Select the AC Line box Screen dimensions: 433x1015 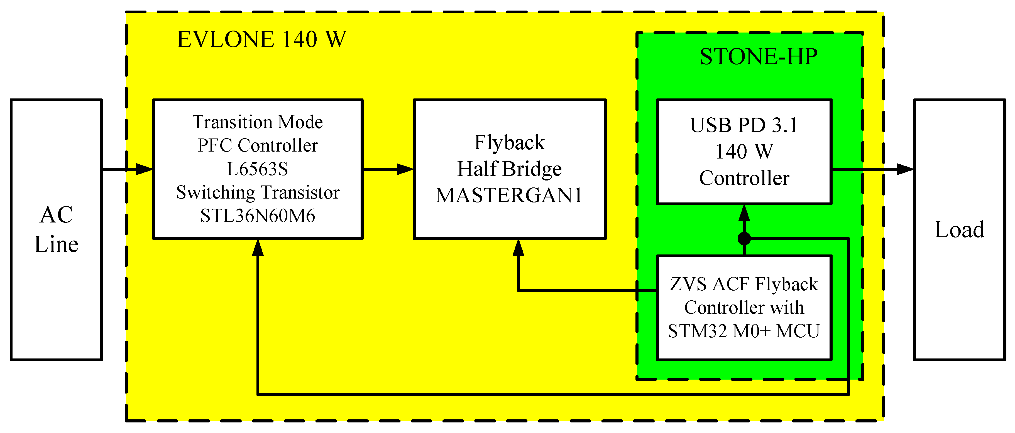click(56, 229)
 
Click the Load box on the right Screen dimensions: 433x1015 click(959, 229)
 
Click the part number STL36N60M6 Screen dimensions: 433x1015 click(257, 216)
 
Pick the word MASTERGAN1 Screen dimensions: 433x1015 click(509, 195)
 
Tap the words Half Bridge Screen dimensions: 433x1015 click(509, 169)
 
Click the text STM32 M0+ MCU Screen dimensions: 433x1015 click(743, 331)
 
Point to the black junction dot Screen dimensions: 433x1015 click(744, 238)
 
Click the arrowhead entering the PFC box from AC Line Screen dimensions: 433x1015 click(144, 169)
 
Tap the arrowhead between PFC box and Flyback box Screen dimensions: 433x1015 click(404, 169)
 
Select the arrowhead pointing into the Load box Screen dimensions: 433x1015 click(905, 169)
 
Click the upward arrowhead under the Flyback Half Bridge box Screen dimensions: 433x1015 click(518, 248)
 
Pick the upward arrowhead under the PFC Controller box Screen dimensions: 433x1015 click(258, 248)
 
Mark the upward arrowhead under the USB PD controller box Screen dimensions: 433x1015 click(744, 213)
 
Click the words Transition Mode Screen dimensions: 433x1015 click(257, 122)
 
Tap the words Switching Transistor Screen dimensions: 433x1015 click(257, 192)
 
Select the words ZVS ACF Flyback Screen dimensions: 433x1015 click(743, 284)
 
